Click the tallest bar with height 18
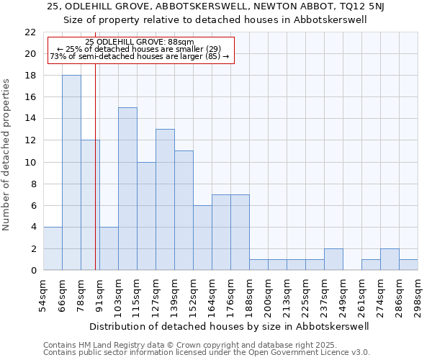[x=71, y=173]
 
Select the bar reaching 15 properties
[x=127, y=189]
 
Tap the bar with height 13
[x=165, y=199]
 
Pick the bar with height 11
[x=184, y=210]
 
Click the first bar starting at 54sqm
[x=53, y=248]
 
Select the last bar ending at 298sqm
[x=408, y=265]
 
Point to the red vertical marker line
[x=96, y=180]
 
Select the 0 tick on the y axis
[x=32, y=271]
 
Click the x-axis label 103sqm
[x=119, y=292]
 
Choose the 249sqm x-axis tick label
[x=343, y=292]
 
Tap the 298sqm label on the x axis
[x=418, y=292]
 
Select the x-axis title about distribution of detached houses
[x=230, y=326]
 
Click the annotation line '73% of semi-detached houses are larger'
[x=139, y=56]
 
